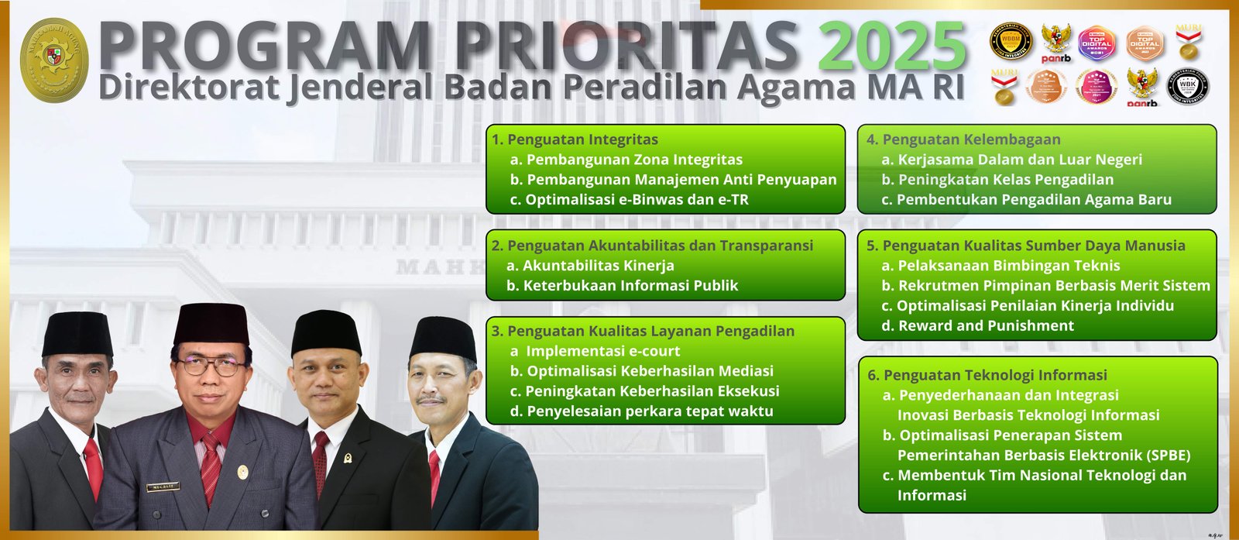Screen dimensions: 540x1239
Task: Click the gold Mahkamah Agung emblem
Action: [x=53, y=60]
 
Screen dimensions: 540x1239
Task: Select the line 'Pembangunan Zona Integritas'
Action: [x=633, y=160]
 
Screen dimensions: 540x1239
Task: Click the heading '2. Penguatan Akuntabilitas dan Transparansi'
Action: [x=652, y=246]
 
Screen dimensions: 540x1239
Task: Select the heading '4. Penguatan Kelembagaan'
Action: [x=963, y=139]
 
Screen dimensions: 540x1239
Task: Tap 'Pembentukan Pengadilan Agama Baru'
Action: [x=1034, y=200]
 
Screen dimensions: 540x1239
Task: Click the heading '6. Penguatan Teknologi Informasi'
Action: [x=987, y=375]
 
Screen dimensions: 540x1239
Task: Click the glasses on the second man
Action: [x=210, y=366]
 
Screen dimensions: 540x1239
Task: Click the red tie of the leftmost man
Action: [x=93, y=466]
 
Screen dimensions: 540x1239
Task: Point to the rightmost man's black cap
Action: [x=443, y=338]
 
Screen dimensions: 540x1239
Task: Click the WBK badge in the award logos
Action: [x=1188, y=87]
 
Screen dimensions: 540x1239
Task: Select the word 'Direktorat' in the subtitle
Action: [x=188, y=88]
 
